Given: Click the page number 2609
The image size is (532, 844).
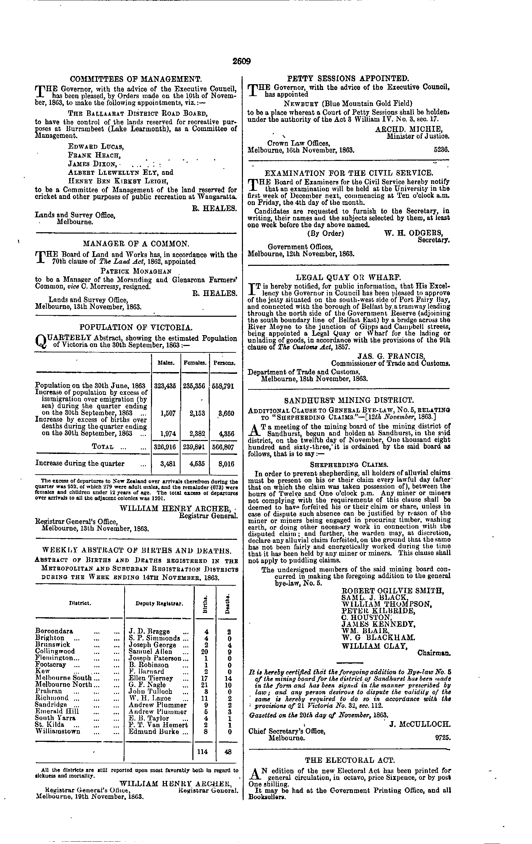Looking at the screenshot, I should (241, 62).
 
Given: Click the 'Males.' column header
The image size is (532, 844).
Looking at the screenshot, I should (165, 364).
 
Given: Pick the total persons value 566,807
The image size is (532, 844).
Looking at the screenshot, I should (223, 447).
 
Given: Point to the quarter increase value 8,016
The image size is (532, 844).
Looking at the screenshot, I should (226, 464).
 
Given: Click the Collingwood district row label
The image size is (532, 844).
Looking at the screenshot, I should (55, 651).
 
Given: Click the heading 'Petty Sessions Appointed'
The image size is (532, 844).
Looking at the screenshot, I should (347, 78).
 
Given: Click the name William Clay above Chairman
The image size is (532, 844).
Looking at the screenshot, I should (374, 646).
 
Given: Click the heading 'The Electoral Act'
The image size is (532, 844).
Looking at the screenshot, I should (350, 760).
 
